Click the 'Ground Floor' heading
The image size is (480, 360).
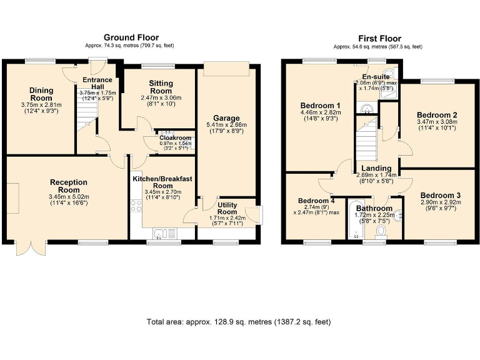point(131,37)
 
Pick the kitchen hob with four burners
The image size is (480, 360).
point(136,206)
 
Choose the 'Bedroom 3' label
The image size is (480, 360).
point(439,195)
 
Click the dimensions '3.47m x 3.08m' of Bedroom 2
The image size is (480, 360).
point(437,122)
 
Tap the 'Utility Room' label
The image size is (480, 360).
point(227,208)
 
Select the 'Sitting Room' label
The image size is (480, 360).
point(161,87)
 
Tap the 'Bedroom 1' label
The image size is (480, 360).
point(320,105)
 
